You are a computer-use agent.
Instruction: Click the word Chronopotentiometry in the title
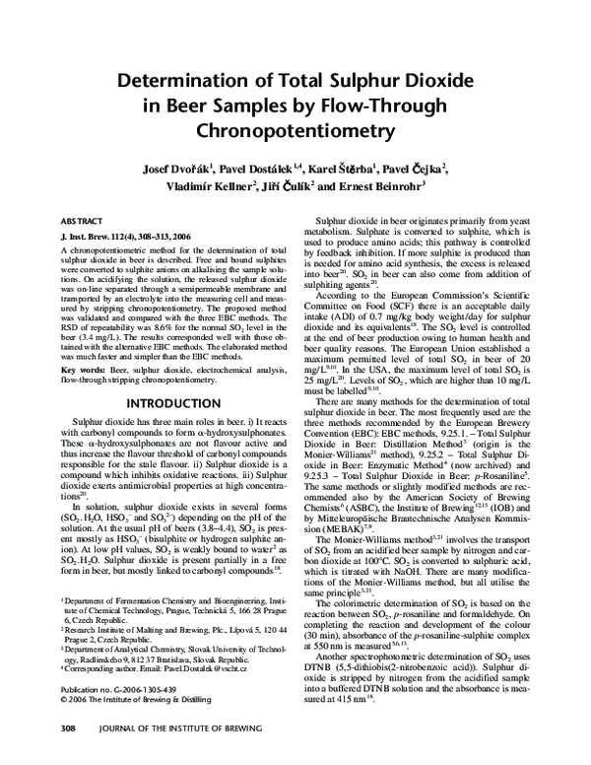295,130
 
